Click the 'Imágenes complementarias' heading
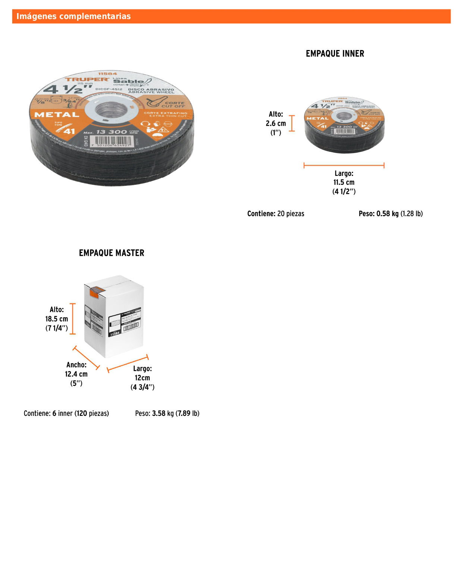pos(73,16)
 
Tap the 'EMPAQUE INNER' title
pos(335,54)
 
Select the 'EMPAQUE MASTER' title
pos(112,253)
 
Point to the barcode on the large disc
pos(112,140)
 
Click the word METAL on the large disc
pos(57,115)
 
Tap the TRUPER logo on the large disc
pos(87,79)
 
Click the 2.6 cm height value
pos(276,124)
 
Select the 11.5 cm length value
pos(344,183)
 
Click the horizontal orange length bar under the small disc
pos(344,165)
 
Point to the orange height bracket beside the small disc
pos(292,123)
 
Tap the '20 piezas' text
pos(291,214)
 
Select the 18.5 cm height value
pos(57,319)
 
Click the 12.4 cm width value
pos(76,374)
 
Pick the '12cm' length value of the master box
pos(142,378)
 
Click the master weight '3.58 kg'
pos(163,414)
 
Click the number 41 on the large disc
pos(69,131)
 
